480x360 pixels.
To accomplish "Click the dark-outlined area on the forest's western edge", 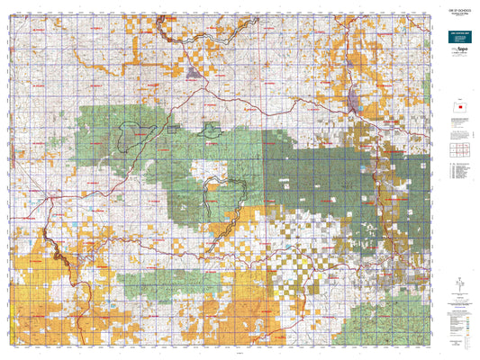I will [x=131, y=135].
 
